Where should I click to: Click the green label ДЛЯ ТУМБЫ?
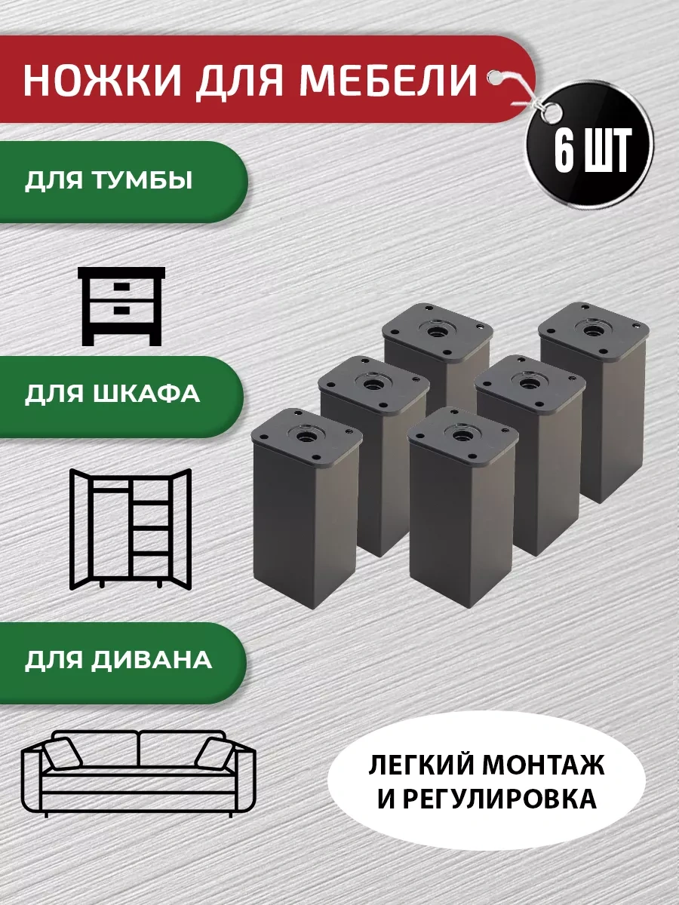109,182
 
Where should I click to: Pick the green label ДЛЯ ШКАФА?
112,394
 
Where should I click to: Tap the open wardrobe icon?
130,528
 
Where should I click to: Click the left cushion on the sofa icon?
63,753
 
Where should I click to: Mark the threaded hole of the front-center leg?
459,434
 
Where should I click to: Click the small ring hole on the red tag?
496,75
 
